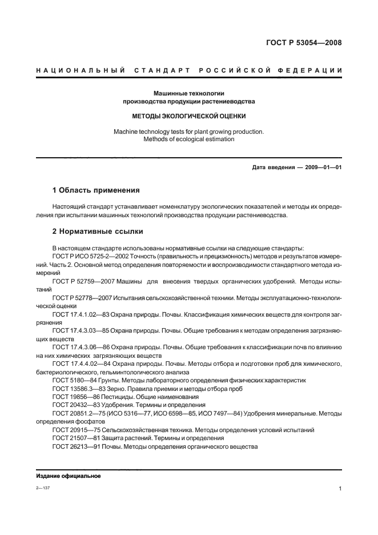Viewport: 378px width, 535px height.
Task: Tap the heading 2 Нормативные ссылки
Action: pyautogui.click(x=98, y=231)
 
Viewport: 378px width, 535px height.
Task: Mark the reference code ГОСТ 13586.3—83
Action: pyautogui.click(x=75, y=388)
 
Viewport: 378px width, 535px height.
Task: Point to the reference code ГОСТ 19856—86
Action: pyautogui.click(x=73, y=396)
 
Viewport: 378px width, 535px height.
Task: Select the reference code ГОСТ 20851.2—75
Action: pyautogui.click(x=76, y=413)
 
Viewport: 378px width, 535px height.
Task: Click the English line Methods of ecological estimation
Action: pyautogui.click(x=188, y=139)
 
